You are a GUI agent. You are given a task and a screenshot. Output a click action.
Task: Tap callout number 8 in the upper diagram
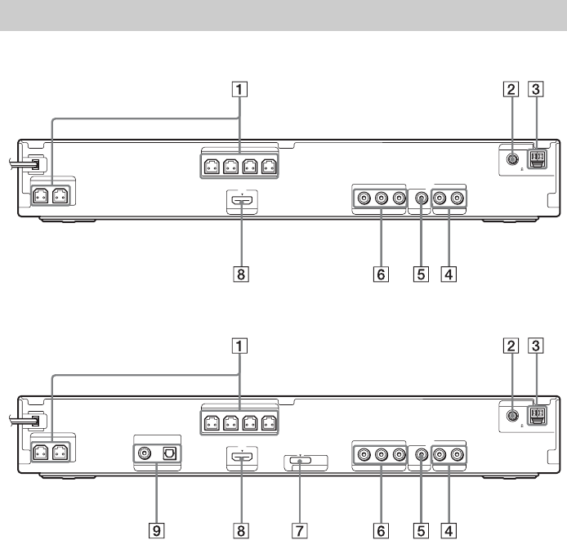tap(239, 275)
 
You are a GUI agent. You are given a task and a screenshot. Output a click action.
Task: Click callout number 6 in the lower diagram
tap(378, 529)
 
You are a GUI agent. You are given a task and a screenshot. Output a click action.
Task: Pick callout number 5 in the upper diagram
tap(420, 275)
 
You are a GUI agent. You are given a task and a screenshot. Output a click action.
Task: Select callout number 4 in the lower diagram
tap(447, 529)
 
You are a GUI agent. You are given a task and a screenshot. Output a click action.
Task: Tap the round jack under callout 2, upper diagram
tap(511, 162)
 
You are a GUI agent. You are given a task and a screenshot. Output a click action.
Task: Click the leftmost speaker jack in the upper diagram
tap(39, 196)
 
